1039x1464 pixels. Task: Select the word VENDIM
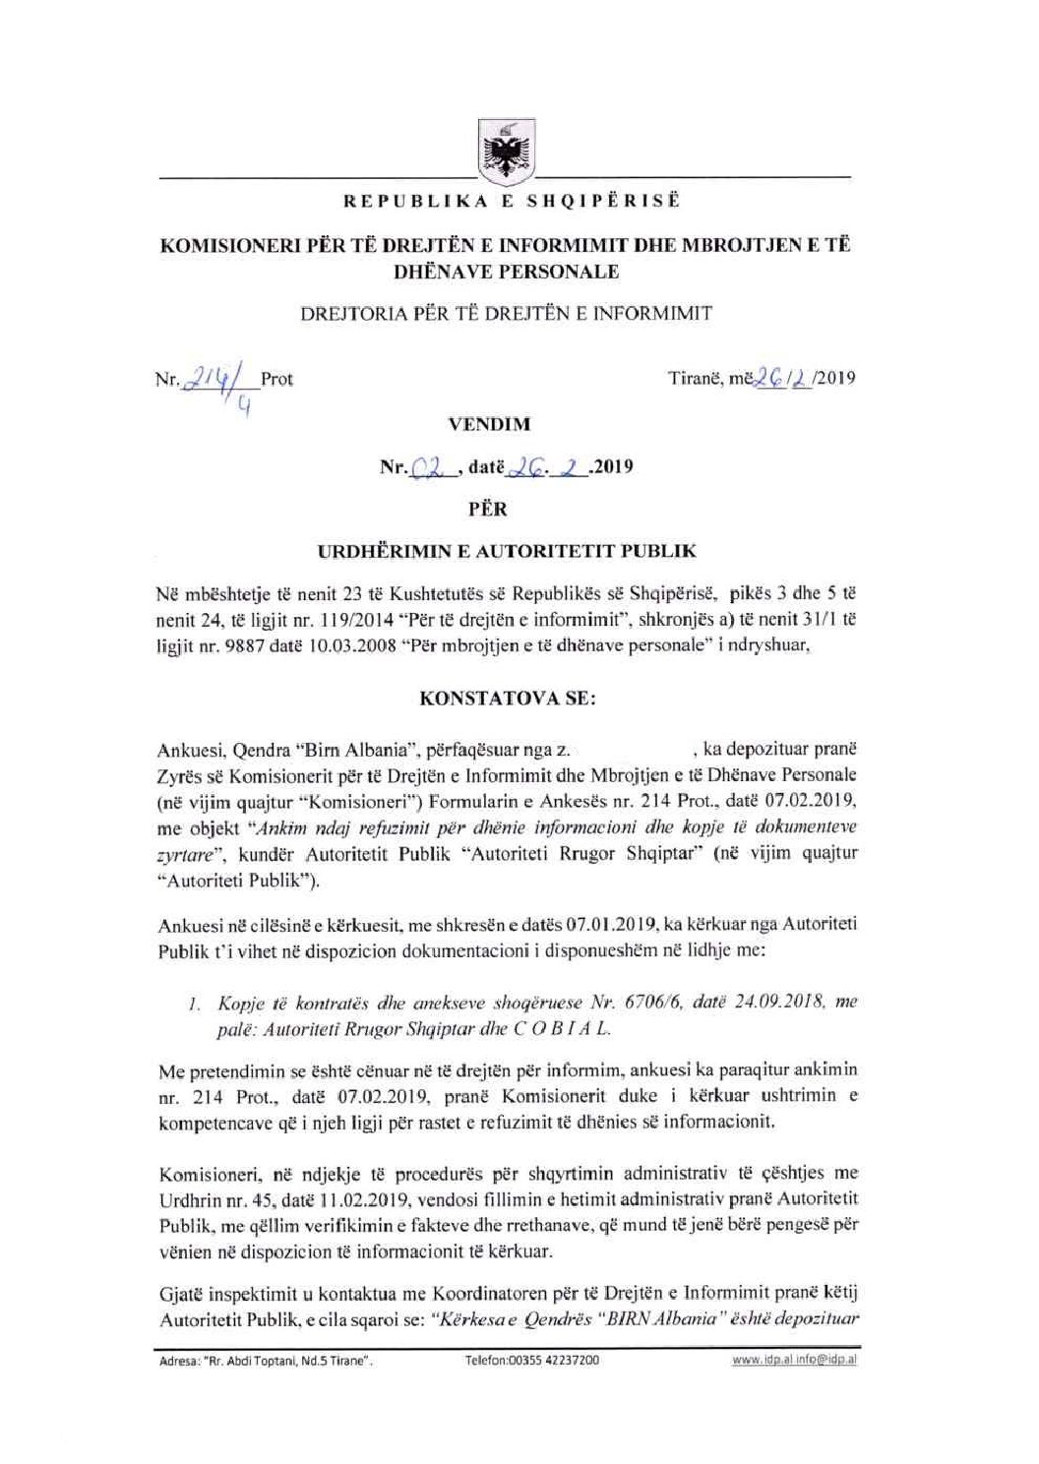click(489, 425)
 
